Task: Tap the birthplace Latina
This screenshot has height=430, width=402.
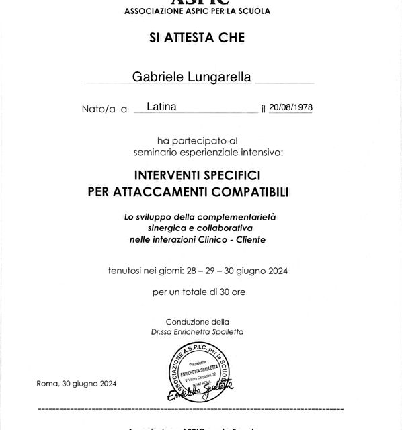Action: (x=162, y=106)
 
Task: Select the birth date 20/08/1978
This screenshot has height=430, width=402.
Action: (x=291, y=107)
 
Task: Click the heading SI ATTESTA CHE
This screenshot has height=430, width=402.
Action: (x=197, y=38)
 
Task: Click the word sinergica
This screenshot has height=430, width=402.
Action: (x=169, y=228)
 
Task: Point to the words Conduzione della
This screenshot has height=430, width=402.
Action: (x=197, y=322)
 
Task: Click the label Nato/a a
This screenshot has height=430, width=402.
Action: (x=104, y=108)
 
